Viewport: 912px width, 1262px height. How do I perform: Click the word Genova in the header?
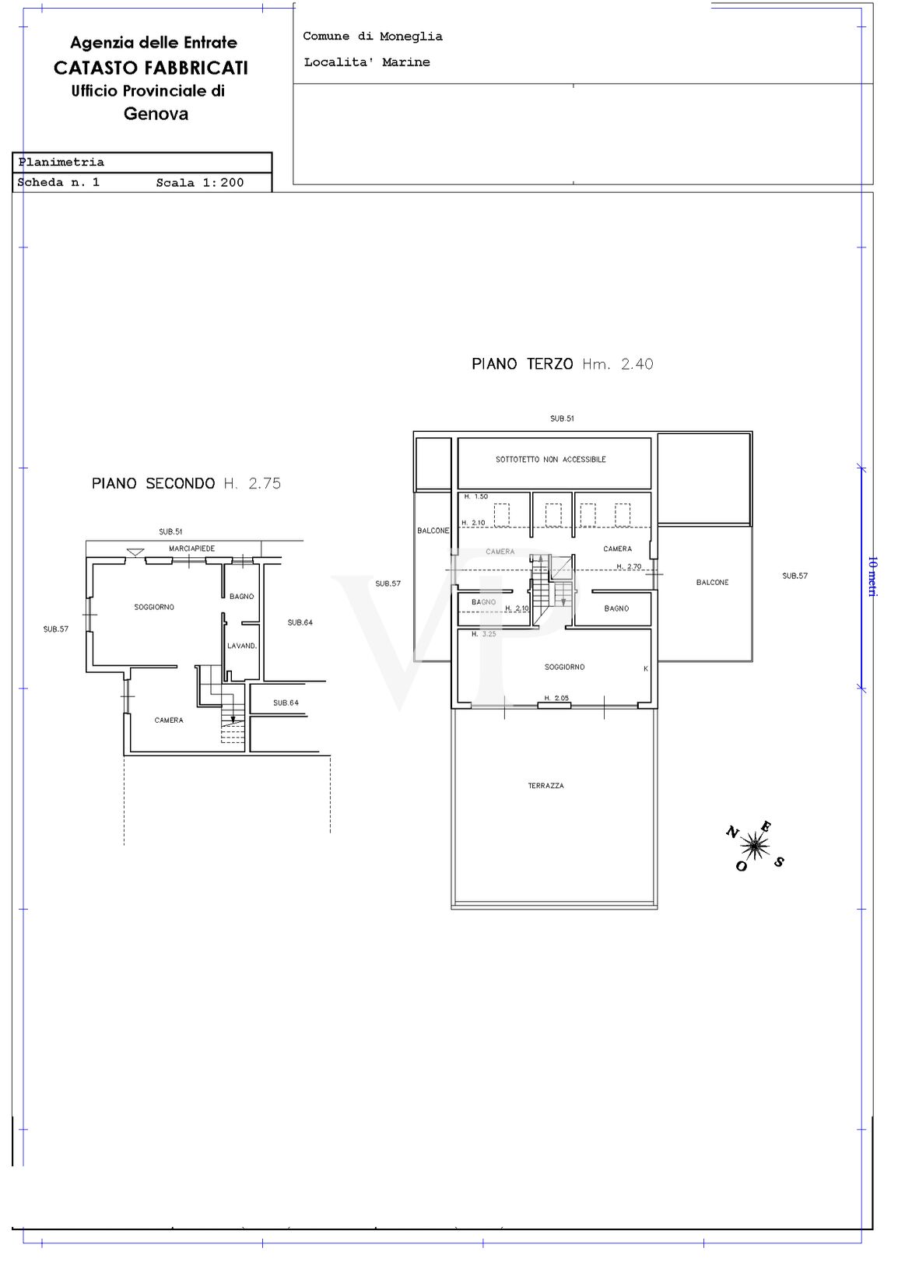coord(156,114)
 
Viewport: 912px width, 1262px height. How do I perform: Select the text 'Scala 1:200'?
coord(200,183)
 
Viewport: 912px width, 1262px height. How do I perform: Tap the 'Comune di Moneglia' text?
coord(373,37)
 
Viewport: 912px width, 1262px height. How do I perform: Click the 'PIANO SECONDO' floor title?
coord(153,483)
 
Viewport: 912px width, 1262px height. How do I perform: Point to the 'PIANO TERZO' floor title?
coord(522,364)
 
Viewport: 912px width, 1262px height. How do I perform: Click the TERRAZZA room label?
coord(545,785)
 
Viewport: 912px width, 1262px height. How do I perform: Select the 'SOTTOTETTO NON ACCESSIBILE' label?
coord(551,459)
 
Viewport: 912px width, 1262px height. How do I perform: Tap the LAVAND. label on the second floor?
coord(242,646)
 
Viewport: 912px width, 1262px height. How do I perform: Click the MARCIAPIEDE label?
coord(192,549)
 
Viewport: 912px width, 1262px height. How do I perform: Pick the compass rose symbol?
coord(754,845)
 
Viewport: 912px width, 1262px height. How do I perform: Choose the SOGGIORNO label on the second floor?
coord(154,607)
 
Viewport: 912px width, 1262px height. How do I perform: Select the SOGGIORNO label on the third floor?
coord(564,667)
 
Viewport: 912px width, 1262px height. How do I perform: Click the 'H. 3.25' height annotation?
coord(484,634)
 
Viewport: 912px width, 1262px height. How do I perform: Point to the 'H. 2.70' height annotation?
coord(629,566)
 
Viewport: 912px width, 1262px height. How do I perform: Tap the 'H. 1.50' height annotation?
coord(476,496)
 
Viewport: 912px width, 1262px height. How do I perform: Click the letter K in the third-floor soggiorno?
coord(646,668)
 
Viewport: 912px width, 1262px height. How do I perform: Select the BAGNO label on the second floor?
coord(242,596)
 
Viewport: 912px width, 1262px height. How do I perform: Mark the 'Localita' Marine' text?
coord(367,62)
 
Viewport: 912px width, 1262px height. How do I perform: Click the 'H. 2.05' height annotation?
coord(556,698)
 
